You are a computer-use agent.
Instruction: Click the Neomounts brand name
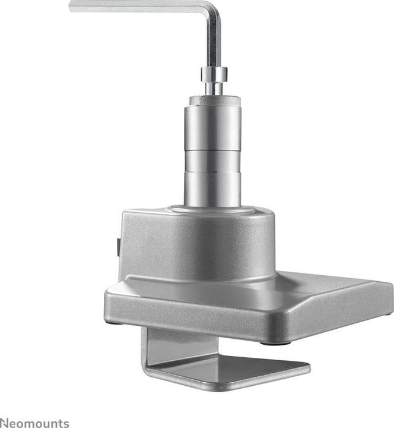(x=34, y=423)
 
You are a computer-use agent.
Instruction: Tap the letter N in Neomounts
(x=5, y=423)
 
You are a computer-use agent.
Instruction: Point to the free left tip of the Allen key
(x=72, y=6)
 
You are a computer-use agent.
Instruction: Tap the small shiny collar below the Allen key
(x=214, y=74)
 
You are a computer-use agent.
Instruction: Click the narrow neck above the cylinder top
(x=214, y=89)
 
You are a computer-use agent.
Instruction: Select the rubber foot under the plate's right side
(x=275, y=343)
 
